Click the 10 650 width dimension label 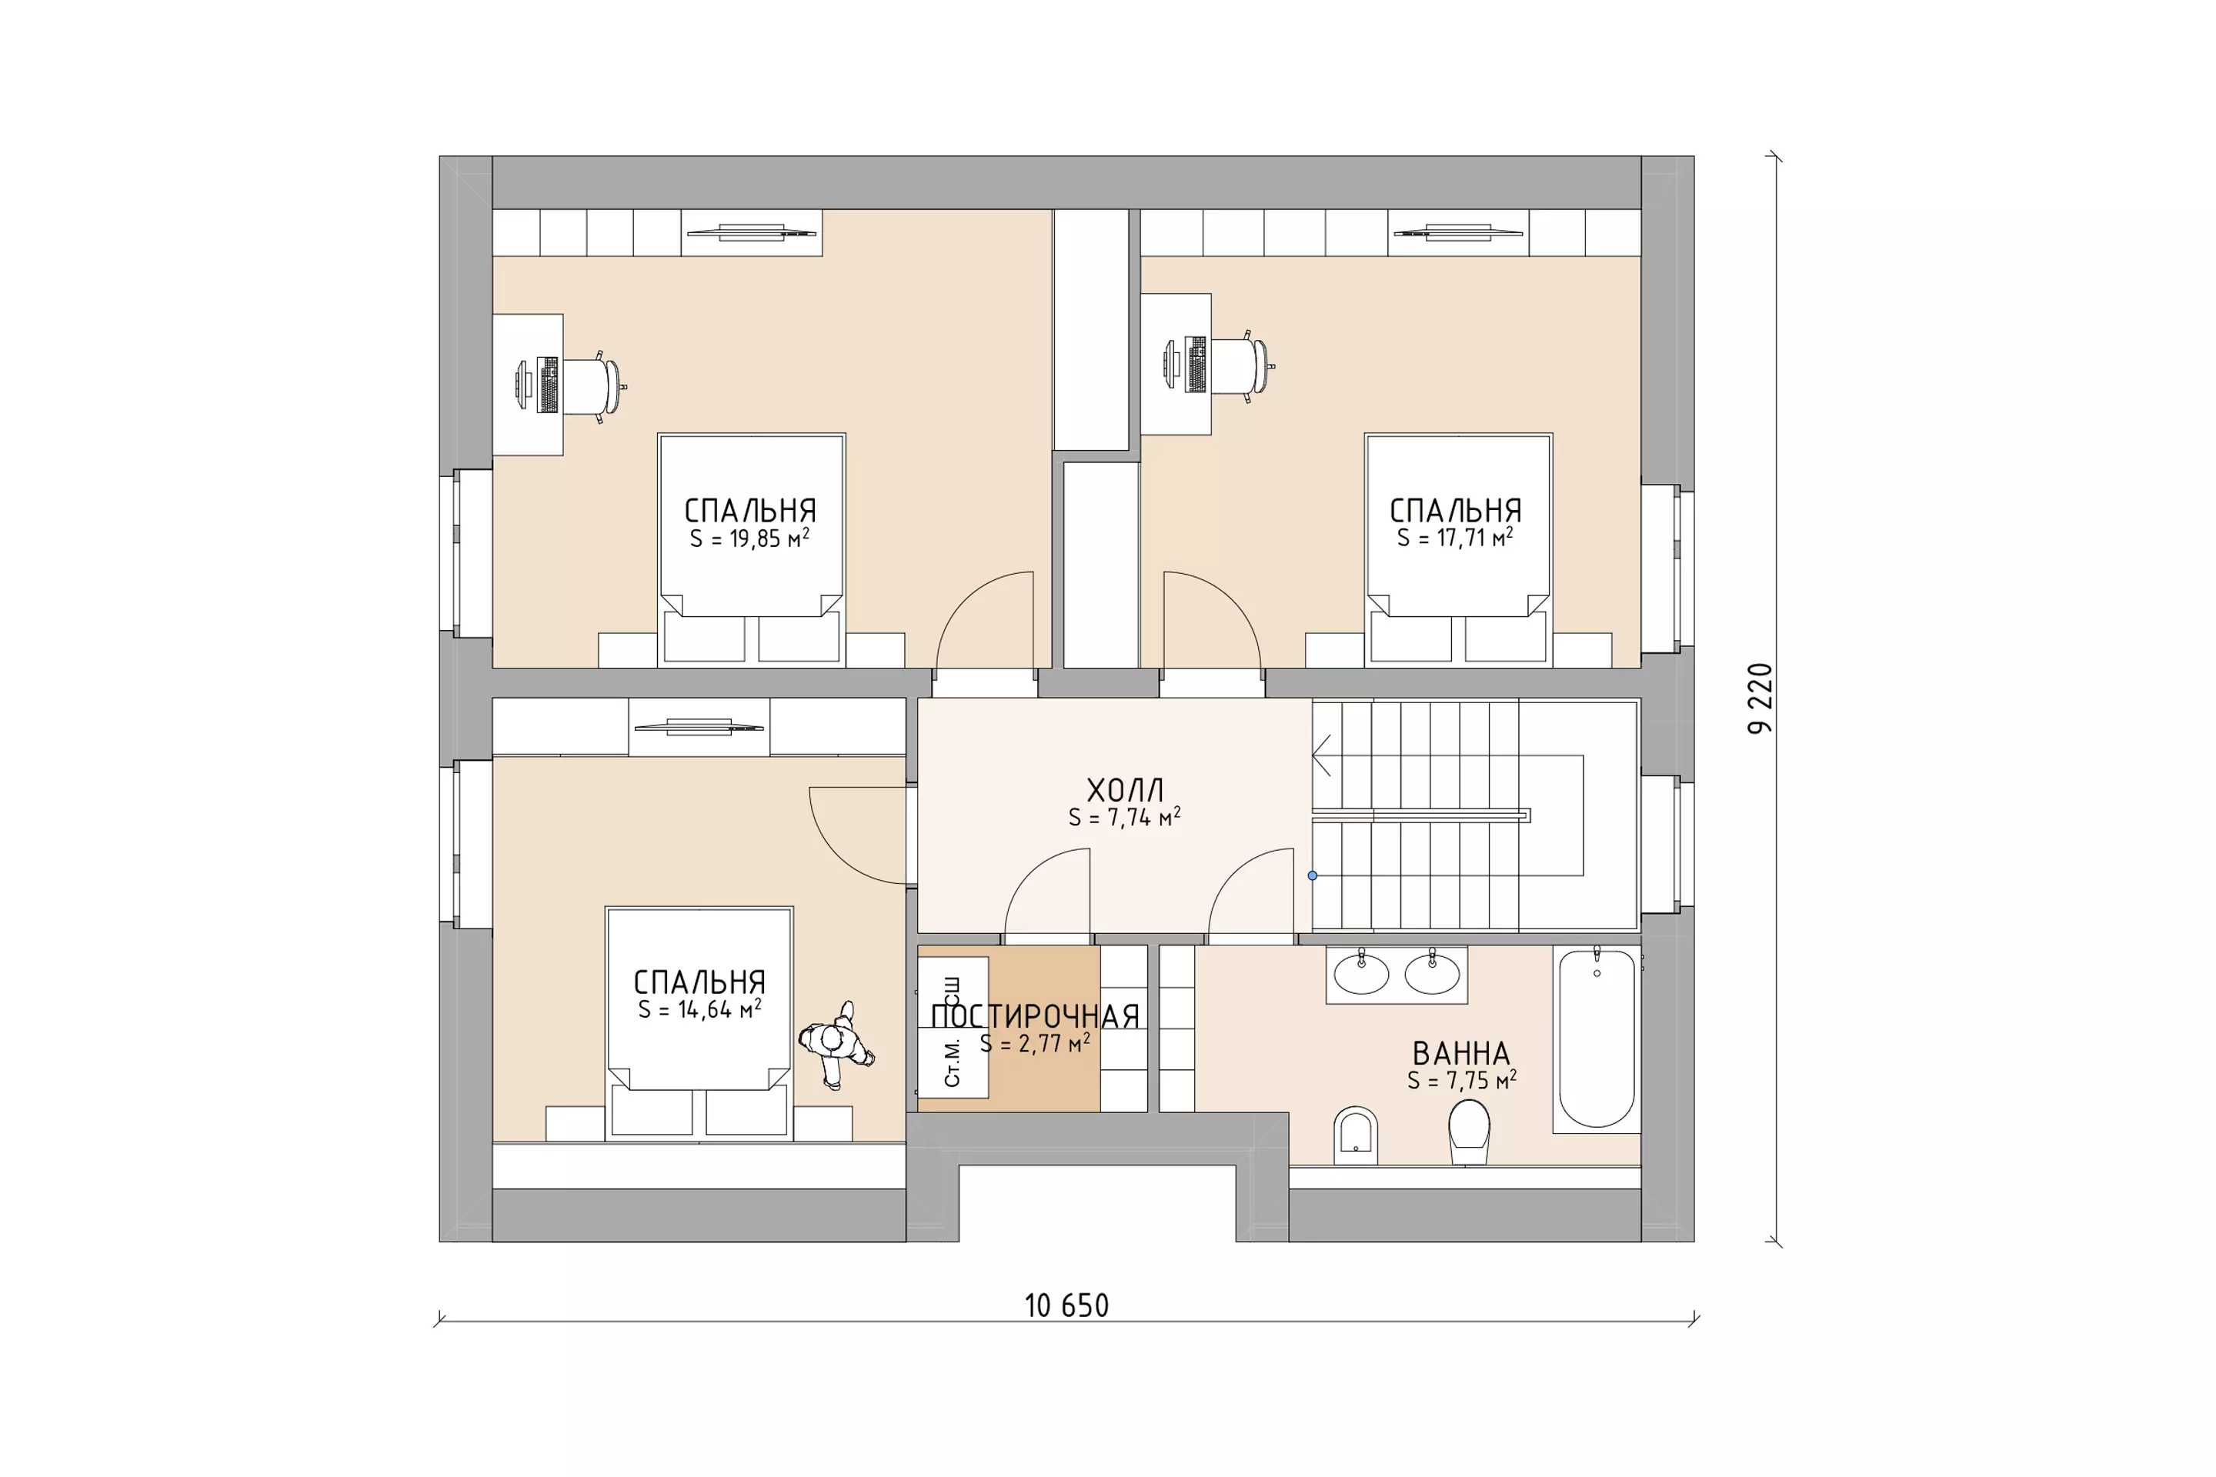click(1066, 1305)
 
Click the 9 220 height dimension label click(1760, 699)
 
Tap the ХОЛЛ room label click(1125, 789)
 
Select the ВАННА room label click(1460, 1053)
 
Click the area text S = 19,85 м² click(750, 538)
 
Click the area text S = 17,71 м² click(1456, 537)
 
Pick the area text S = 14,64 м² click(699, 1009)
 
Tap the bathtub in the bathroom click(1597, 1038)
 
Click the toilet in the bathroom click(1469, 1132)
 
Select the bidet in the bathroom click(1356, 1135)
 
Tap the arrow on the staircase click(1321, 755)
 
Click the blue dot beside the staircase click(1313, 876)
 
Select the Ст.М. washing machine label click(953, 1062)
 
